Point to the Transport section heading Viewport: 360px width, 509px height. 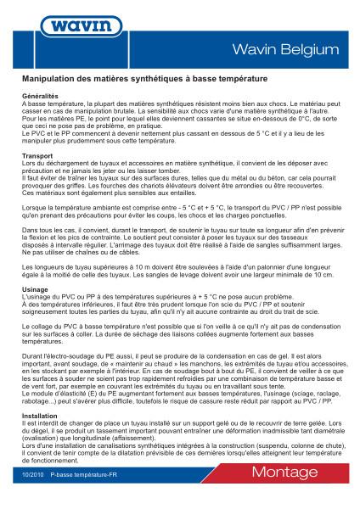[x=37, y=157]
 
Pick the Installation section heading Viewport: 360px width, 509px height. [x=39, y=417]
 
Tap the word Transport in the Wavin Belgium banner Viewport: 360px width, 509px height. [x=37, y=157]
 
